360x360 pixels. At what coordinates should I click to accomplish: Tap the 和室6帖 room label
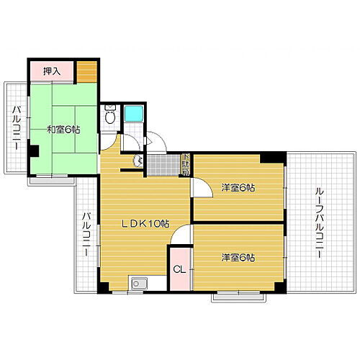pos(63,130)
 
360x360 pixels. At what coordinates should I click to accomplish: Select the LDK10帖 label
pos(144,224)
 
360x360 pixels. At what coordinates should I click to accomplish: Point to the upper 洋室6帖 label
pos(238,188)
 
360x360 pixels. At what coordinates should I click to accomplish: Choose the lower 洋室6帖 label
pos(238,257)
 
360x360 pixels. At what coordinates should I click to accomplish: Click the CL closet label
pos(179,270)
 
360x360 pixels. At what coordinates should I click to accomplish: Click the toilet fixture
pos(110,116)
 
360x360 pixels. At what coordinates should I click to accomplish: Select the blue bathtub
pos(134,113)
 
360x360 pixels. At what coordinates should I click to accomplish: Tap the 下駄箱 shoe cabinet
pos(185,165)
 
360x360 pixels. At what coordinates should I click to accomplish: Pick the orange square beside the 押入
pos(87,71)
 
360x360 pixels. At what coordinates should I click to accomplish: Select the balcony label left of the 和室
pos(15,127)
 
